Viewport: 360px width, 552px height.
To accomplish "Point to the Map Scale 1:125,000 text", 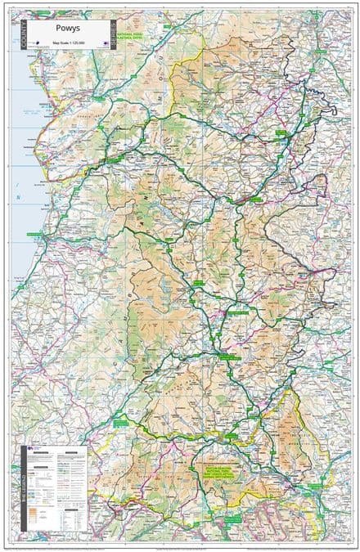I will click(x=65, y=43).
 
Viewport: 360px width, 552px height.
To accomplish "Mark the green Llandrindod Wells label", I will click(x=240, y=311).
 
